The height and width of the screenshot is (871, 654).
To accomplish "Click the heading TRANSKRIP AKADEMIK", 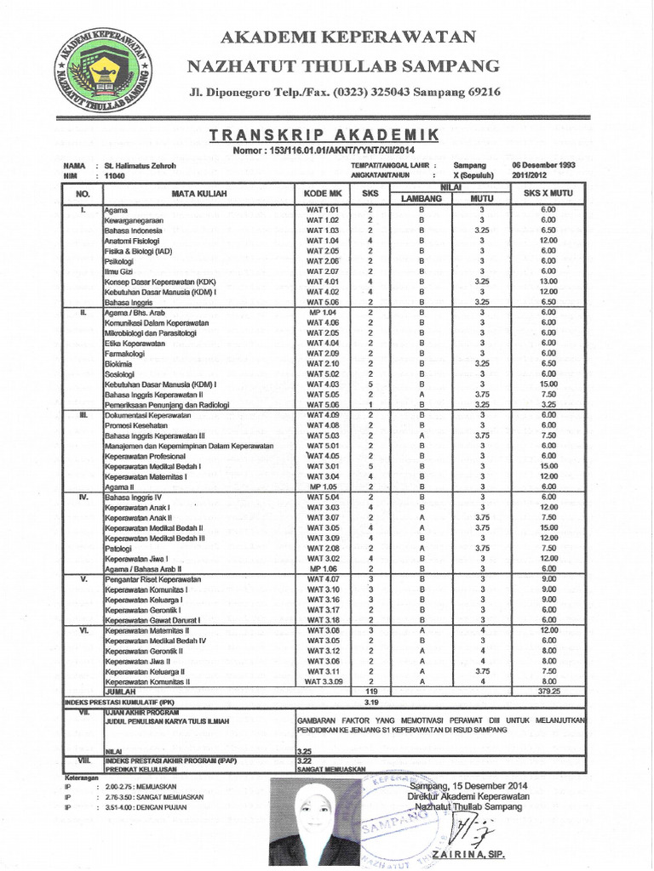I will [324, 135].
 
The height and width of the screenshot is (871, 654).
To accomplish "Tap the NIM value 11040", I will [114, 175].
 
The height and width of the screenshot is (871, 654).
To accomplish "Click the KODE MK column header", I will [323, 194].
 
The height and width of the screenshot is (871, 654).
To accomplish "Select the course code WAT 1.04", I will [323, 241].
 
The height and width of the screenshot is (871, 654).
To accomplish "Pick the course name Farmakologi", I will [125, 353].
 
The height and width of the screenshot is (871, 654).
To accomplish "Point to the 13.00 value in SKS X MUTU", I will [548, 282].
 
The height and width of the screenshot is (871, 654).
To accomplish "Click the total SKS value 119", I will [370, 692].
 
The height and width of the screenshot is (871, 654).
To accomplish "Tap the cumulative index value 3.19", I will [370, 702].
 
